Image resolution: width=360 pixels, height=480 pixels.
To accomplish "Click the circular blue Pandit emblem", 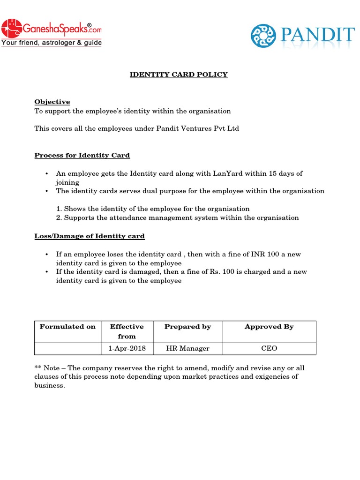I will tap(264, 37).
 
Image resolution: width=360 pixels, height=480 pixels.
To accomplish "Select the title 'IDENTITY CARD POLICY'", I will tap(179, 75).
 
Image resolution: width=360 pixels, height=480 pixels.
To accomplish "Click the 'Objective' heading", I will tap(52, 102).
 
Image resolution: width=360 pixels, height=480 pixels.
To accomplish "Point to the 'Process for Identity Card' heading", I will tap(82, 155).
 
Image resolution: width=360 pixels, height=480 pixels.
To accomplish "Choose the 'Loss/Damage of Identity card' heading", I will tap(90, 236).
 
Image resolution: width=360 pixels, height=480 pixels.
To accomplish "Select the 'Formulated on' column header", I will tap(67, 327).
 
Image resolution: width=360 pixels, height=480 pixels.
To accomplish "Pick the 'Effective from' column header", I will tap(127, 331).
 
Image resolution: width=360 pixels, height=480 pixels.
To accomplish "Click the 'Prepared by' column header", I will tap(187, 327).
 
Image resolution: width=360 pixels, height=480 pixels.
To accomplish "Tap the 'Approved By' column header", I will tap(269, 327).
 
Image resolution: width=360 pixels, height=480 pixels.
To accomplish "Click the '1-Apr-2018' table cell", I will tap(127, 348).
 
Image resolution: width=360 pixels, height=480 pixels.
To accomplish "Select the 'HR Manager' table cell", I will tap(187, 348).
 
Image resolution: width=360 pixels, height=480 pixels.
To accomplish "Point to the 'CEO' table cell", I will tap(269, 348).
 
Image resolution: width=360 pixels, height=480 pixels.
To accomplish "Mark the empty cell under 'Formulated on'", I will tap(67, 348).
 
